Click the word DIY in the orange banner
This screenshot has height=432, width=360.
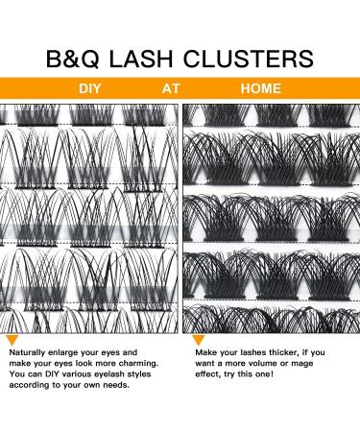point(91,88)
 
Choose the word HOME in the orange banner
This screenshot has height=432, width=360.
point(261,88)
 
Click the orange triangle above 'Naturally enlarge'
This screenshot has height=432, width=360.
point(12,340)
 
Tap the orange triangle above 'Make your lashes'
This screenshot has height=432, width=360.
point(198,340)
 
